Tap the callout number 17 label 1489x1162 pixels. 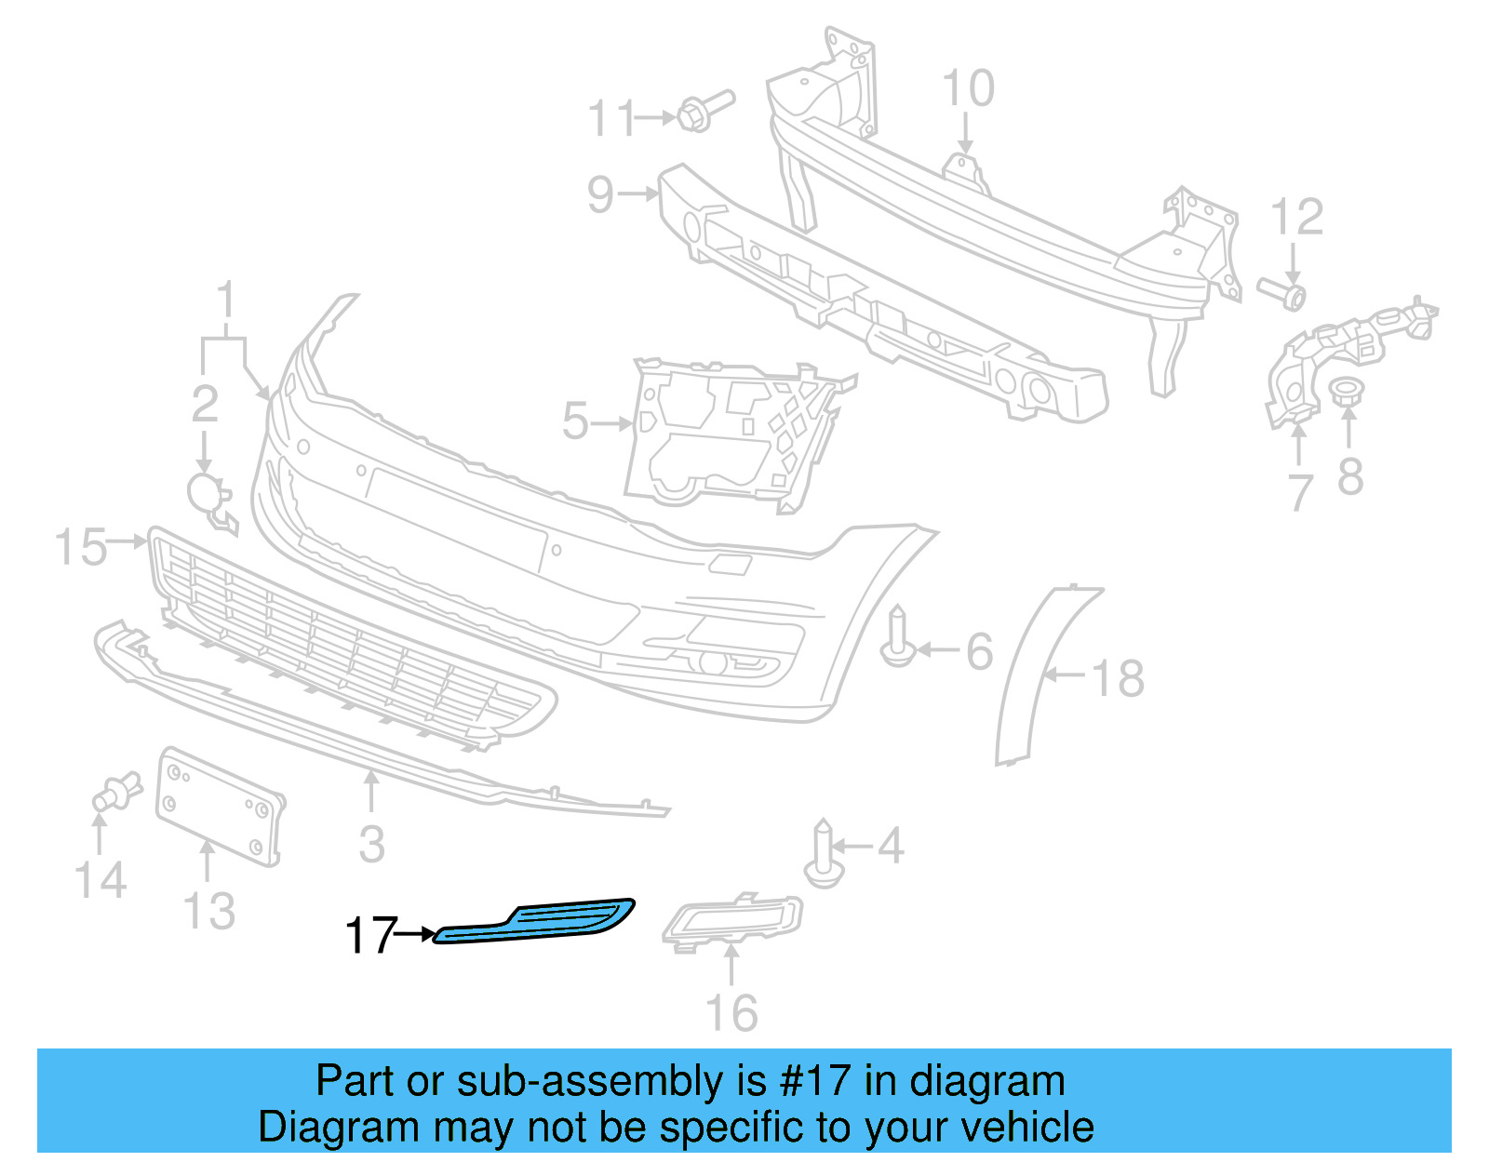[x=370, y=935]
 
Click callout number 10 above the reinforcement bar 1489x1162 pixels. [x=968, y=89]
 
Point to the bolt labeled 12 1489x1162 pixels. [x=1283, y=292]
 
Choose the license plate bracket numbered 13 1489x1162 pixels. [x=220, y=806]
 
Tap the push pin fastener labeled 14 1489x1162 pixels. [x=115, y=792]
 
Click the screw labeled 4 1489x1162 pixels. [x=823, y=853]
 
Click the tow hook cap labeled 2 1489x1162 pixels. [x=207, y=494]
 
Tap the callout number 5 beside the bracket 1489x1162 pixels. [x=575, y=421]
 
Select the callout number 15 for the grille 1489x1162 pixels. [x=80, y=546]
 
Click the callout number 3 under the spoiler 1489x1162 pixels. [x=371, y=845]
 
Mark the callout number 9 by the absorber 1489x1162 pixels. [x=601, y=195]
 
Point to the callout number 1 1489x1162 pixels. [x=225, y=301]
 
